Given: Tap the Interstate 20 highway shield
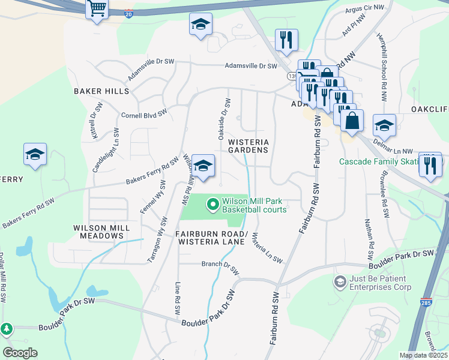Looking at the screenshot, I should (x=129, y=13).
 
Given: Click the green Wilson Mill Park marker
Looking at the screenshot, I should (x=212, y=205).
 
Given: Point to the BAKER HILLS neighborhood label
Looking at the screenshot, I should (x=101, y=91).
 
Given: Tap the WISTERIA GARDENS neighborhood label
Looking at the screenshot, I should (x=247, y=146).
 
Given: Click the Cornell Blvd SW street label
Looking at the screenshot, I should (x=143, y=114).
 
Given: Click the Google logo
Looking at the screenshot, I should (x=20, y=353).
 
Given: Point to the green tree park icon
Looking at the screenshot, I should (x=7, y=329).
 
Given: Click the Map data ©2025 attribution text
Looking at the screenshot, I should (x=423, y=355).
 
